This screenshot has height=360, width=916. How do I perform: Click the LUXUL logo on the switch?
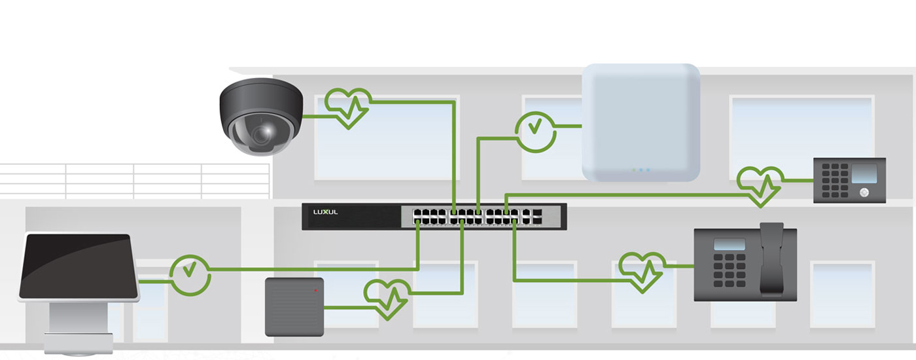click(x=325, y=213)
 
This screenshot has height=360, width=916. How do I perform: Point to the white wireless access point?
click(x=641, y=122)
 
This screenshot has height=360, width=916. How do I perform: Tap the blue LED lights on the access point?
click(x=641, y=170)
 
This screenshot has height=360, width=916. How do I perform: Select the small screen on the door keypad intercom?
click(x=864, y=173)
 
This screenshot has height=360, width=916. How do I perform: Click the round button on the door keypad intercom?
click(x=864, y=192)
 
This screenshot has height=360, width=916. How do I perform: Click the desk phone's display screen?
click(x=730, y=244)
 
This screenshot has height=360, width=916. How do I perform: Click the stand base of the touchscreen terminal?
click(x=78, y=344)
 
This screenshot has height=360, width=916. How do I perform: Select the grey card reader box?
click(x=294, y=307)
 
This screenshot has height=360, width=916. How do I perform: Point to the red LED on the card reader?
click(x=315, y=289)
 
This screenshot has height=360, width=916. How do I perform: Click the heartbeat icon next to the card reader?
click(x=387, y=299)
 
